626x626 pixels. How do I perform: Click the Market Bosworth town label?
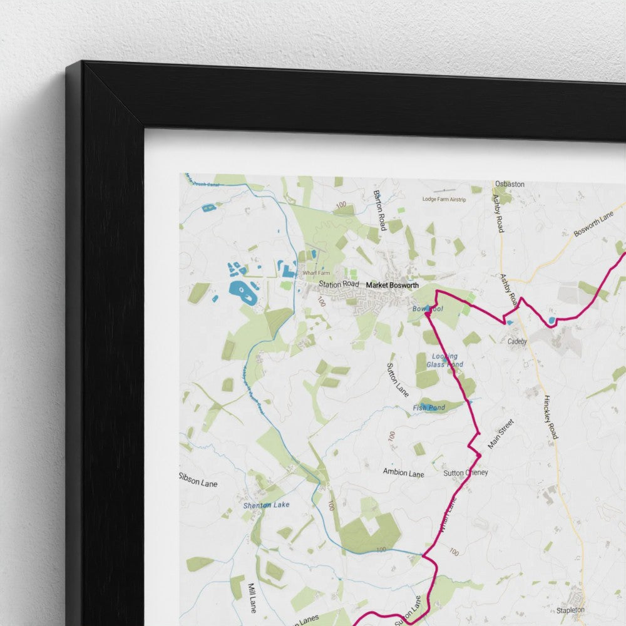pyautogui.click(x=392, y=285)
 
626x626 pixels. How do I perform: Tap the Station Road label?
pyautogui.click(x=339, y=284)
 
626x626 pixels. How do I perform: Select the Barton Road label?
pyautogui.click(x=380, y=210)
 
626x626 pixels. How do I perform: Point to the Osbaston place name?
pyautogui.click(x=510, y=184)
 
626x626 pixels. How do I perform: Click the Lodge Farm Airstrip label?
pyautogui.click(x=444, y=199)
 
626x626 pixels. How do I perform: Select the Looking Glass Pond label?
pyautogui.click(x=444, y=361)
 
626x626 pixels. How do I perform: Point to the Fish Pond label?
pyautogui.click(x=429, y=408)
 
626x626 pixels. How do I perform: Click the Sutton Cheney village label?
pyautogui.click(x=465, y=473)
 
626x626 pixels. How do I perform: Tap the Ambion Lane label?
pyautogui.click(x=404, y=473)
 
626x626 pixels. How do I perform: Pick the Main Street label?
pyautogui.click(x=501, y=434)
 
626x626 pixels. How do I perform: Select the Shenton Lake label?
pyautogui.click(x=267, y=505)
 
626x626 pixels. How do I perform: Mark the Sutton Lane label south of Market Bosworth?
pyautogui.click(x=398, y=379)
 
